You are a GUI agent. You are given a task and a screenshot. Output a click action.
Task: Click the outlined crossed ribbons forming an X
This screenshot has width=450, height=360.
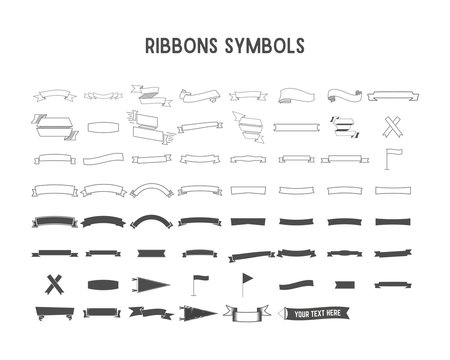pyautogui.click(x=391, y=127)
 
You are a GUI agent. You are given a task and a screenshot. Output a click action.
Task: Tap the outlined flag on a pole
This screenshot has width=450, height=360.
pyautogui.click(x=391, y=157)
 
